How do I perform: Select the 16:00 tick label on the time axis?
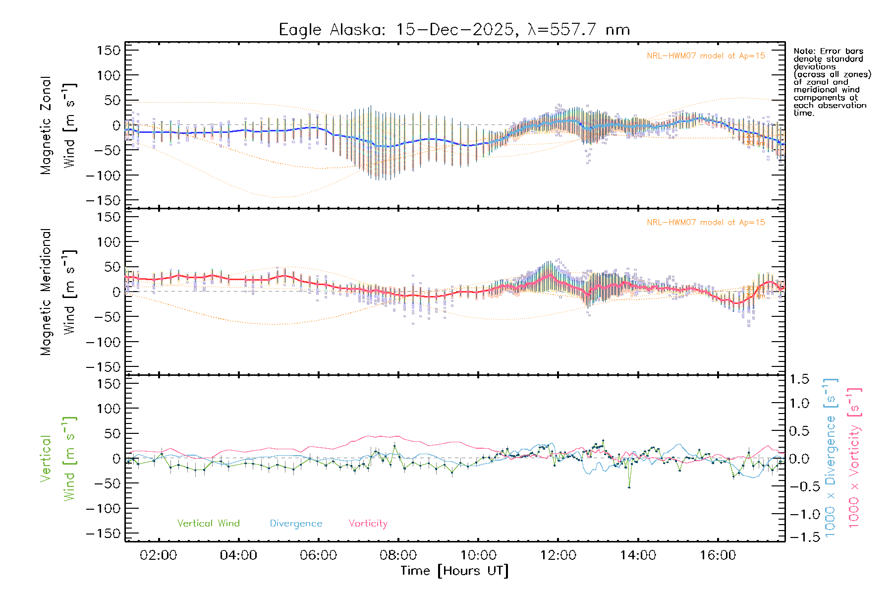click(x=718, y=555)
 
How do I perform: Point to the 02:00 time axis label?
click(x=159, y=555)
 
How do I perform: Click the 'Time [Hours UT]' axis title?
click(x=454, y=571)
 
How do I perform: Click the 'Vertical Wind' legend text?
click(x=208, y=524)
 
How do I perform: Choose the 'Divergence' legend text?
click(x=296, y=524)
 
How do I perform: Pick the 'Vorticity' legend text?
click(x=368, y=524)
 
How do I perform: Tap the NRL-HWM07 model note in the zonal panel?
click(x=706, y=56)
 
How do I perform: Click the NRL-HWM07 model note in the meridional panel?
click(x=706, y=223)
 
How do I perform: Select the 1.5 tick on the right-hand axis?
click(x=799, y=379)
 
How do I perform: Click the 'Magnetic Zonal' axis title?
click(x=46, y=125)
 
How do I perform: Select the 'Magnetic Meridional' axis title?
click(x=46, y=292)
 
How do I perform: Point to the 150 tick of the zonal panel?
click(x=109, y=50)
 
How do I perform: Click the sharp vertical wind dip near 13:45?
click(x=629, y=487)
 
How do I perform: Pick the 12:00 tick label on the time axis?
click(x=558, y=555)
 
